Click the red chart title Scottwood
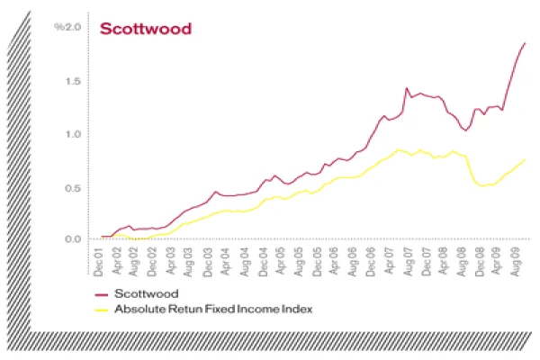point(146,29)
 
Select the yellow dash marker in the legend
point(101,310)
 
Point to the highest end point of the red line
point(525,43)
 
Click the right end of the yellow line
point(525,159)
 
